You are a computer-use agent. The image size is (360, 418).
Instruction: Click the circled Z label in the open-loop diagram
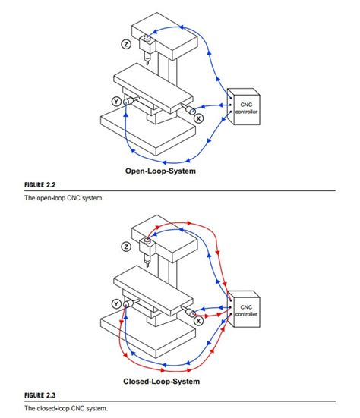[x=127, y=44]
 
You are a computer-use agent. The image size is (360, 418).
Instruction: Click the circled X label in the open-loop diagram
[x=199, y=118]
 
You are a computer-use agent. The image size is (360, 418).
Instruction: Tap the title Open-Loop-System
[x=160, y=171]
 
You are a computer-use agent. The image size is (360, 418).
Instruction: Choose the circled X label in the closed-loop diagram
[x=199, y=321]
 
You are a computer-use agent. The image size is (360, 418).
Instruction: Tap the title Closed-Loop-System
[x=160, y=381]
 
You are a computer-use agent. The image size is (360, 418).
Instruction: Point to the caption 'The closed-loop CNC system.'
[x=64, y=409]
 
